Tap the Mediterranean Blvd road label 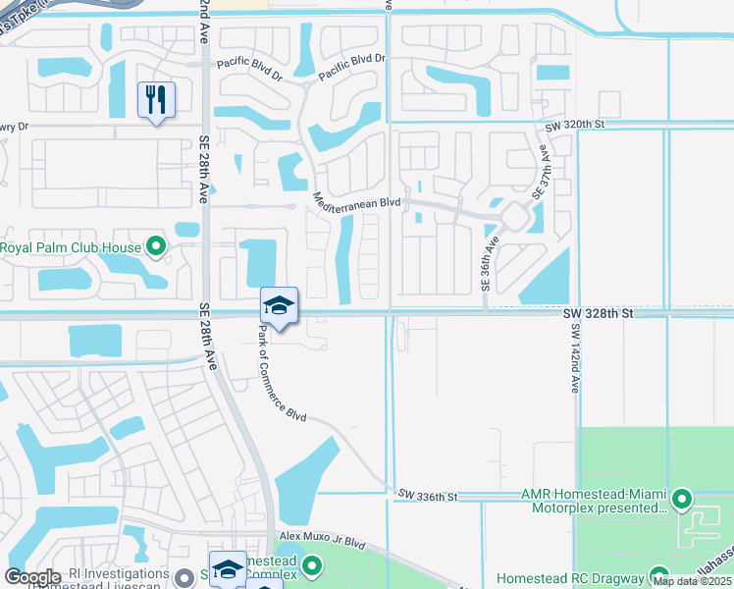(x=357, y=201)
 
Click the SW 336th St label (x=428, y=497)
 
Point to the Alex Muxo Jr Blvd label (x=322, y=541)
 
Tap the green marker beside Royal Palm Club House (x=155, y=246)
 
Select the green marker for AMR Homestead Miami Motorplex (x=684, y=500)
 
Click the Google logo (x=32, y=577)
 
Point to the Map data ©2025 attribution (x=690, y=581)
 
